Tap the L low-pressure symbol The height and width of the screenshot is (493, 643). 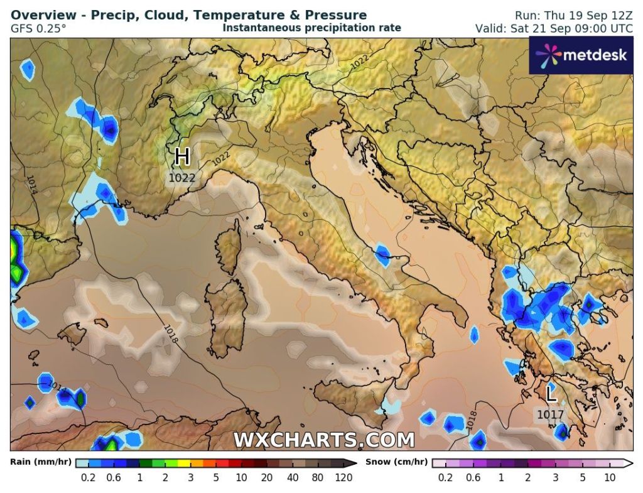coord(551,395)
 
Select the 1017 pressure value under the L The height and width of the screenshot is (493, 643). coord(550,414)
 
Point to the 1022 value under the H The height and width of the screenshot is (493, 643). coord(182,178)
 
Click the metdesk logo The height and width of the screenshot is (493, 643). coord(581,55)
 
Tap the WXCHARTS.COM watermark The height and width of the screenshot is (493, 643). coord(324,440)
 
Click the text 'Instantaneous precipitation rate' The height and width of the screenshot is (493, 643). coord(311,28)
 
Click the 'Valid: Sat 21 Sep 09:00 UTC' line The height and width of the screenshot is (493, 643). coord(554,28)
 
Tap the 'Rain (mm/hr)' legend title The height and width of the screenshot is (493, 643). coord(40,462)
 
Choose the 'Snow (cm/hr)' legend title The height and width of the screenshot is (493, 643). coord(395,462)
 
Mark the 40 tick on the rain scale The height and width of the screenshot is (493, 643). coord(293,477)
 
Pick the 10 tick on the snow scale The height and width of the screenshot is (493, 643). coord(608,477)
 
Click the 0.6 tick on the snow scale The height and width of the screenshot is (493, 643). coord(473,477)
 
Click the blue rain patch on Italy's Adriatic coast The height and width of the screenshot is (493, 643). coord(382,254)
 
